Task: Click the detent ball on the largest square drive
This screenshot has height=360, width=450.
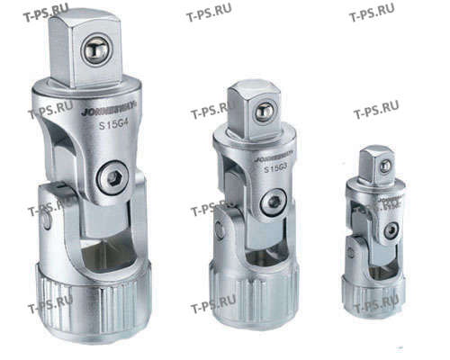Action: point(95,51)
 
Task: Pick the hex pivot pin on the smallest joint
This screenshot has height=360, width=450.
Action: point(388,230)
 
